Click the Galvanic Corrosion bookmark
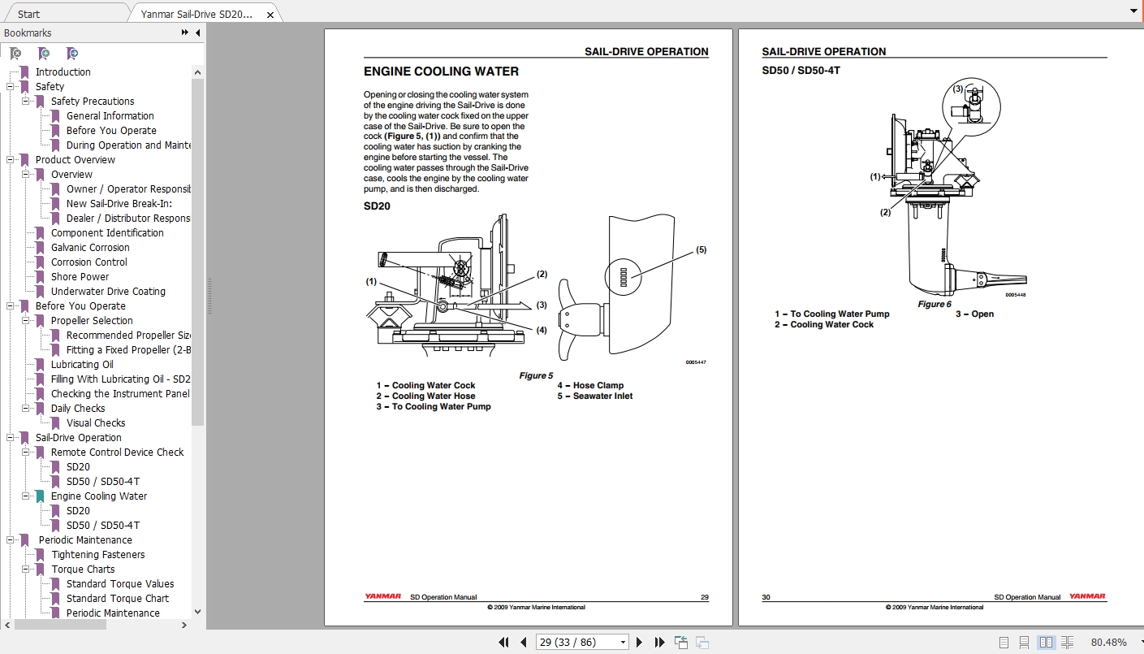point(90,248)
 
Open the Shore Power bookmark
point(80,277)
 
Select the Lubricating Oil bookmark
point(82,365)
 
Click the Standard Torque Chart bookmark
point(118,599)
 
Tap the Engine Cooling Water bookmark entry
point(99,496)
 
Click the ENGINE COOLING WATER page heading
point(441,71)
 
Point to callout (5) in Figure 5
point(701,250)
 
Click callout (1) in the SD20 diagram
point(371,282)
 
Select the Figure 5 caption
point(536,375)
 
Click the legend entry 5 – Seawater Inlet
point(594,396)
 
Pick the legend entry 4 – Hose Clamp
point(589,386)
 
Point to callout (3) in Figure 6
point(958,89)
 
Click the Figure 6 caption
point(934,304)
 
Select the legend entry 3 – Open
point(974,314)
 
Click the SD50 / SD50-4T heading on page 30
point(801,71)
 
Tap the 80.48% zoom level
point(1108,643)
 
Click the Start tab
point(29,14)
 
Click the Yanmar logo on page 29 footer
point(382,597)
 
